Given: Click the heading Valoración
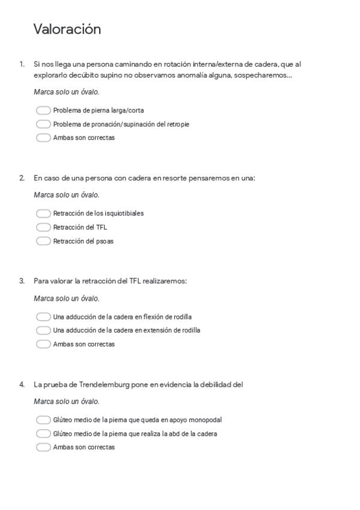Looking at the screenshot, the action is tap(67, 29).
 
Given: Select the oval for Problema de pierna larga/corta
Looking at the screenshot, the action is tap(43, 111).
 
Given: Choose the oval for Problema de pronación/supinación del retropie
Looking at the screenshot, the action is tap(43, 124).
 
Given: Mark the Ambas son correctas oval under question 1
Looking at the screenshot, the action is tap(43, 138).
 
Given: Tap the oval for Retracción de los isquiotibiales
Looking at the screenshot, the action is tap(43, 214).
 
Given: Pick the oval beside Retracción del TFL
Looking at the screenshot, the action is tap(43, 227).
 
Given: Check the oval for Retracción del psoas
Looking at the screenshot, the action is tap(43, 241).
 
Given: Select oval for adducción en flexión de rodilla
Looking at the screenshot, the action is tap(43, 317).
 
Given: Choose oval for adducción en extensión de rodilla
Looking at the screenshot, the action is tap(43, 330).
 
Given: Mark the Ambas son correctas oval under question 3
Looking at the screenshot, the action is tap(43, 344).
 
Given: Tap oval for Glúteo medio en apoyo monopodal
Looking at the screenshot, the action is tap(43, 420).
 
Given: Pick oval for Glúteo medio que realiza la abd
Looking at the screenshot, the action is tap(43, 434).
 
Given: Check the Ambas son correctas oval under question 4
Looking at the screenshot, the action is tap(43, 447).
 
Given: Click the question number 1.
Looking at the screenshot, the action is tap(22, 64).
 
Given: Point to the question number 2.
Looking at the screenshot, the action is tap(22, 178).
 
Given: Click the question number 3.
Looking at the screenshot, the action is tap(22, 281).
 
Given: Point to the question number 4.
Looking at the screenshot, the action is tap(22, 384).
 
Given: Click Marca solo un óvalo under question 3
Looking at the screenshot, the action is tap(67, 298).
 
